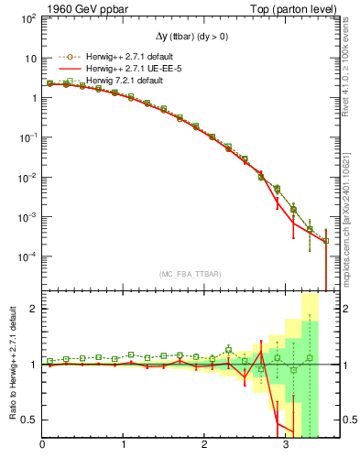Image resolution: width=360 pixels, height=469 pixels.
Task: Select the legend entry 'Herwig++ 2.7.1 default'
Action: click(124, 56)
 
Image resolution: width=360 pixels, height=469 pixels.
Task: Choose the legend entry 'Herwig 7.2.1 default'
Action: click(118, 81)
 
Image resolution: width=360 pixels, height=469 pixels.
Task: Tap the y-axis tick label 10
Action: click(31, 58)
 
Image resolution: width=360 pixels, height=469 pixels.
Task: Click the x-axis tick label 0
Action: click(42, 448)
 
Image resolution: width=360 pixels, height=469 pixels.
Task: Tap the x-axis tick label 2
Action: click(205, 448)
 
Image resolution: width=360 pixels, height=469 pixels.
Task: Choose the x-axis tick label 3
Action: click(286, 448)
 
